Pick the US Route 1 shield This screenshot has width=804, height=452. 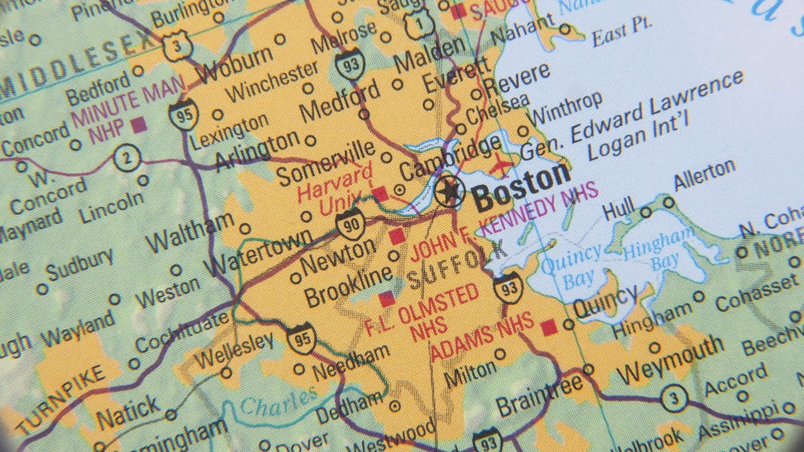pyautogui.click(x=416, y=23)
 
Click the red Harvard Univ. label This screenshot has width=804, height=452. pyautogui.click(x=335, y=186)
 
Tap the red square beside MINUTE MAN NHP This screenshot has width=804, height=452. pyautogui.click(x=139, y=124)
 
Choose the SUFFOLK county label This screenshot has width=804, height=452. pyautogui.click(x=457, y=266)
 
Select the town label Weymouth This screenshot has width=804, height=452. pyautogui.click(x=670, y=360)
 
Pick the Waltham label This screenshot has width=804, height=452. pyautogui.click(x=189, y=233)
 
